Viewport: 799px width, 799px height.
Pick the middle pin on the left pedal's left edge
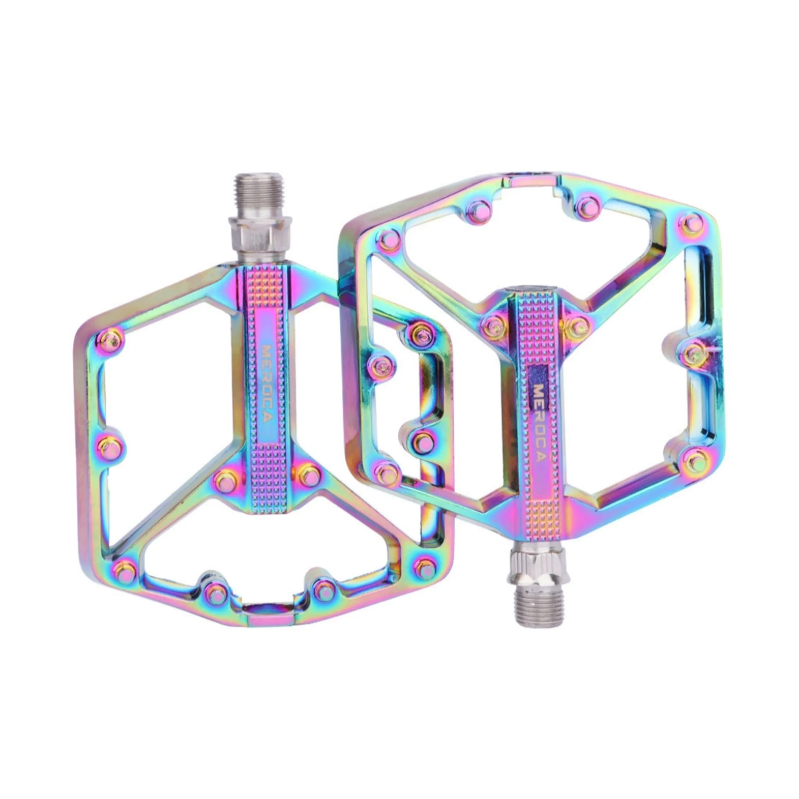click(111, 446)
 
